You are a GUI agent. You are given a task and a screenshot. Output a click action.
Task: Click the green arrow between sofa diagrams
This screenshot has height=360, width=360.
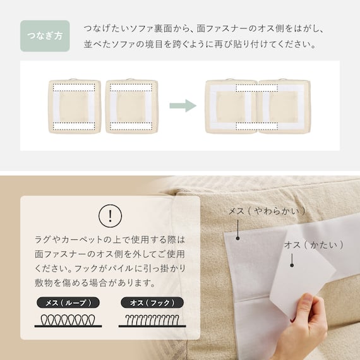click(x=183, y=105)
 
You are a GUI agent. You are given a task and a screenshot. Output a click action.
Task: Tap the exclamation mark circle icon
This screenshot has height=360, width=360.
click(x=111, y=216)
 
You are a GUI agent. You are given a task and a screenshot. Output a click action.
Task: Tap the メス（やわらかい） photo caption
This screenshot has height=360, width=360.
click(x=267, y=210)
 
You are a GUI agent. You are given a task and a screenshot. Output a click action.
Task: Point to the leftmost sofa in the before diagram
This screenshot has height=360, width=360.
click(x=75, y=105)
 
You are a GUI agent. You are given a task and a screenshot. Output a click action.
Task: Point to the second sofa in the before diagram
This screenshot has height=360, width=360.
click(x=131, y=105)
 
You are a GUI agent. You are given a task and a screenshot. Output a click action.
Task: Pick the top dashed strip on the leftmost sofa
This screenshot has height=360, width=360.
click(x=75, y=88)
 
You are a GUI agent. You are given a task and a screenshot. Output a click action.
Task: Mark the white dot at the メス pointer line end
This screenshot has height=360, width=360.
click(x=237, y=239)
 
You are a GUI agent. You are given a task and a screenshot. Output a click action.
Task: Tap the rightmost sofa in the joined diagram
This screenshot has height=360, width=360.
click(x=283, y=105)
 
